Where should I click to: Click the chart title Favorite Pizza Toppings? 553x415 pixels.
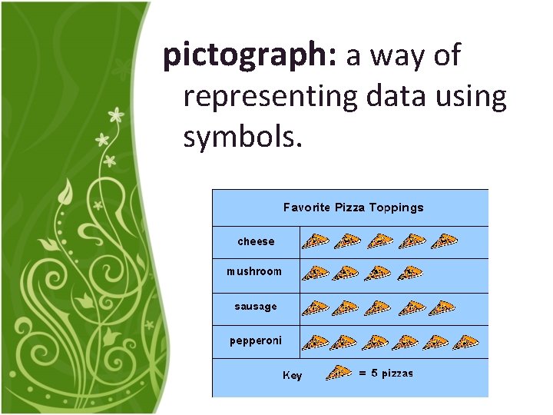click(353, 207)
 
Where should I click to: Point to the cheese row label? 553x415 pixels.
click(256, 241)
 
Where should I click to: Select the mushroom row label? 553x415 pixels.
click(254, 271)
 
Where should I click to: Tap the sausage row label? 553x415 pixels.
click(256, 307)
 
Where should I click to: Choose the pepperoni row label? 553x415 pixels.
click(256, 340)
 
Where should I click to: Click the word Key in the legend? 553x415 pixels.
click(293, 376)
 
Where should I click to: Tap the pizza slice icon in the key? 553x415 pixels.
click(339, 373)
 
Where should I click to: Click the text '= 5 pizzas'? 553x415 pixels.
click(386, 373)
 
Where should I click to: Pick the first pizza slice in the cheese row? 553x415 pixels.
click(315, 241)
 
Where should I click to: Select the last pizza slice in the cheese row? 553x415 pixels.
click(444, 241)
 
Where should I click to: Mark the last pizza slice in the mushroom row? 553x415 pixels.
click(412, 273)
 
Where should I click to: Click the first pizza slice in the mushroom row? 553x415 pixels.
click(315, 273)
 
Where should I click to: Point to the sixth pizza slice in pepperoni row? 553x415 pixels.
click(465, 342)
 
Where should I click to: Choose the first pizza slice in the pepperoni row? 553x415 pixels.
click(315, 342)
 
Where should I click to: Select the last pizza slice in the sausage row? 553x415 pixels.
click(442, 307)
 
